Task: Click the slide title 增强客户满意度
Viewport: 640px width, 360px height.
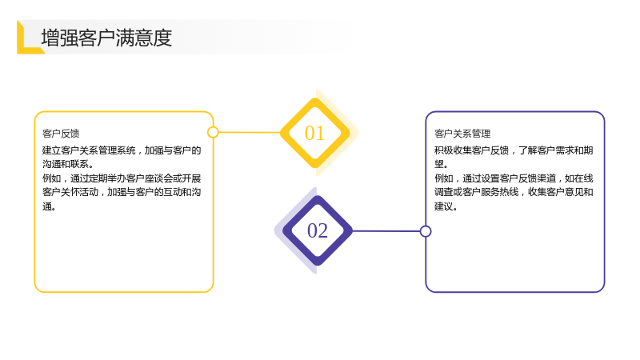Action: pyautogui.click(x=106, y=38)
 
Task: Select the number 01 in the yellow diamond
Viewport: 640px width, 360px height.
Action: pyautogui.click(x=314, y=133)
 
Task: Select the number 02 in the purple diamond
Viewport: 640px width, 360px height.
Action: pyautogui.click(x=318, y=230)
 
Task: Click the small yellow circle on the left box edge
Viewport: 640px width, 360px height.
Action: pyautogui.click(x=213, y=132)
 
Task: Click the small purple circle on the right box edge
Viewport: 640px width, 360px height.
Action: pyautogui.click(x=426, y=231)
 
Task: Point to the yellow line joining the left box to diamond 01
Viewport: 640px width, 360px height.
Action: pyautogui.click(x=250, y=132)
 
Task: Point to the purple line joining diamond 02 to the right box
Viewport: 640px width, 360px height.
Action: pyautogui.click(x=386, y=231)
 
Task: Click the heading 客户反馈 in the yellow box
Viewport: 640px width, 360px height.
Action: pyautogui.click(x=61, y=134)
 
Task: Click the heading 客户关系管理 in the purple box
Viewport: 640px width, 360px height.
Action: pyautogui.click(x=462, y=134)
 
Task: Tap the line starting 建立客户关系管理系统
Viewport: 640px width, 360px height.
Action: pyautogui.click(x=122, y=150)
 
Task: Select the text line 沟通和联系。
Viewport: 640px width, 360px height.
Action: pyautogui.click(x=68, y=164)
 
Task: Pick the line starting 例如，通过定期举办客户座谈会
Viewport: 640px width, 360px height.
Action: pyautogui.click(x=122, y=178)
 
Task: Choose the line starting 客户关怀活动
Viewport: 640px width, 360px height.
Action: pyautogui.click(x=122, y=192)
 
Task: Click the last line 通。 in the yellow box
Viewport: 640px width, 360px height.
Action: pyautogui.click(x=50, y=206)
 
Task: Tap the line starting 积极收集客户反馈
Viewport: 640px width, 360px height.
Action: pyautogui.click(x=514, y=150)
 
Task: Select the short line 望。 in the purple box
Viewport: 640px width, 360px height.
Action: pyautogui.click(x=442, y=164)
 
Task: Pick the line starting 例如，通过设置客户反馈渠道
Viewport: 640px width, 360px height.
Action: pyautogui.click(x=514, y=178)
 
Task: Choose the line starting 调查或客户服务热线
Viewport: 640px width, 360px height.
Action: pyautogui.click(x=514, y=192)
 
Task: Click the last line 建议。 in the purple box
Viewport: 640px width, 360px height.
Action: pyautogui.click(x=446, y=206)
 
